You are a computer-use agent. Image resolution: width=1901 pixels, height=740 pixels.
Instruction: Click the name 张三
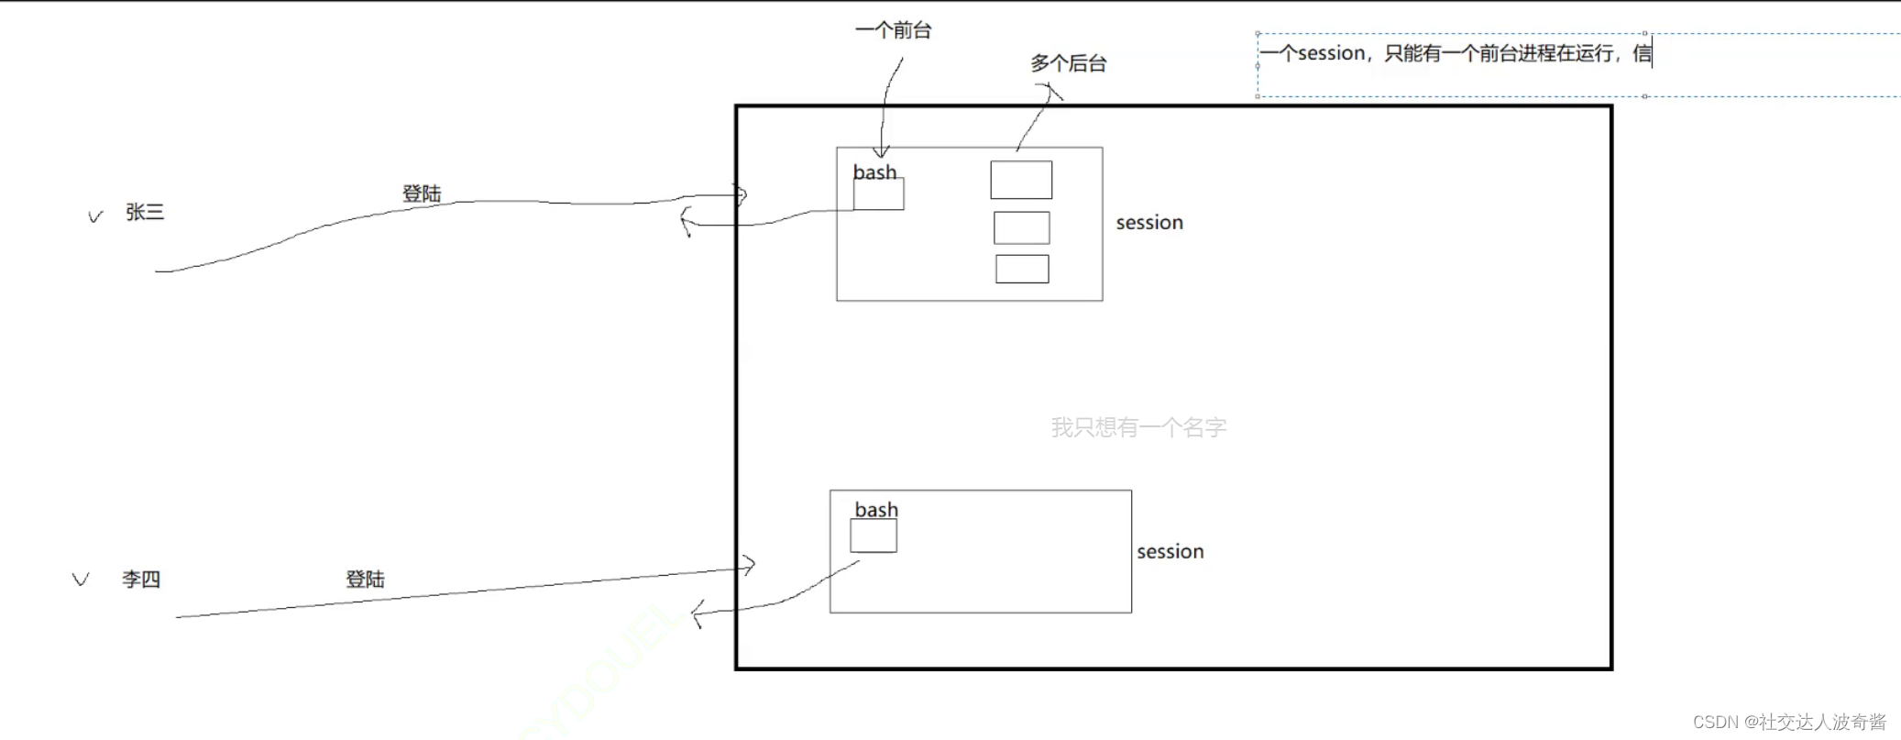tap(145, 213)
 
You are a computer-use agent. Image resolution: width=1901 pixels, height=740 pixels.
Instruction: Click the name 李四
tap(141, 580)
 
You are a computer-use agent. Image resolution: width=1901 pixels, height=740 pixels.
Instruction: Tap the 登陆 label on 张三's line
tap(422, 193)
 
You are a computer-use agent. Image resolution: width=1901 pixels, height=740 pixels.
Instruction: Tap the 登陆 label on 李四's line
tap(365, 580)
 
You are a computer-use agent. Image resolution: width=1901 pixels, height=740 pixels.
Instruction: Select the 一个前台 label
tap(893, 30)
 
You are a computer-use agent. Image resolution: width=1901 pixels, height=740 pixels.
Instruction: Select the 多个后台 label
tap(1068, 63)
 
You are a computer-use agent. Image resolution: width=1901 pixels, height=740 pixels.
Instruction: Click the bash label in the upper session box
tap(874, 172)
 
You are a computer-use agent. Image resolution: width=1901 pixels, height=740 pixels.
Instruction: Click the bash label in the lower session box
tap(876, 510)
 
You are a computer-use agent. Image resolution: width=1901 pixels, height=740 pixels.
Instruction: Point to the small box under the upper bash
tap(878, 194)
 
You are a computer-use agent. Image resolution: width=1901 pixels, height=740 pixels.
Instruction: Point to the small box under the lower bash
tap(874, 536)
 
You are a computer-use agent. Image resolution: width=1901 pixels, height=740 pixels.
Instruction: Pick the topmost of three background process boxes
tap(1021, 180)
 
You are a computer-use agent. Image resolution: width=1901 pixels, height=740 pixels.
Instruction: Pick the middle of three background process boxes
tap(1022, 227)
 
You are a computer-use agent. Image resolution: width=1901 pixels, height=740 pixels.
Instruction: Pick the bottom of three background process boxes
tap(1022, 269)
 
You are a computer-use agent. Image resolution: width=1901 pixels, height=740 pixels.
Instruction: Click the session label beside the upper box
tap(1149, 223)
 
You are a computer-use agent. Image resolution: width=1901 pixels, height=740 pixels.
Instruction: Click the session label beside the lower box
tap(1170, 552)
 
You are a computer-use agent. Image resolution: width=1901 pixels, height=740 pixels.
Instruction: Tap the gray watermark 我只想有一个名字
tap(1138, 427)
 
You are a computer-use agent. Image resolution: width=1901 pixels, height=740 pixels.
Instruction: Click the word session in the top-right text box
tap(1331, 53)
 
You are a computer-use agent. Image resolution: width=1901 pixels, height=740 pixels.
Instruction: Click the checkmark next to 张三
tap(95, 216)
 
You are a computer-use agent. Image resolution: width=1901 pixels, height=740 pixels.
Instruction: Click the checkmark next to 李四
tap(81, 580)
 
